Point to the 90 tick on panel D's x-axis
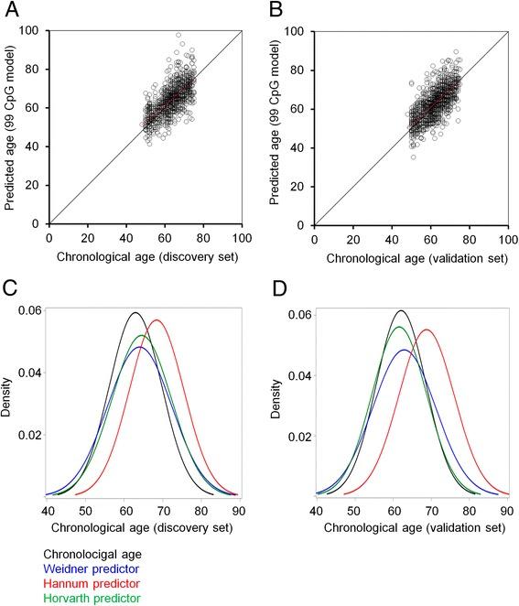pyautogui.click(x=502, y=510)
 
